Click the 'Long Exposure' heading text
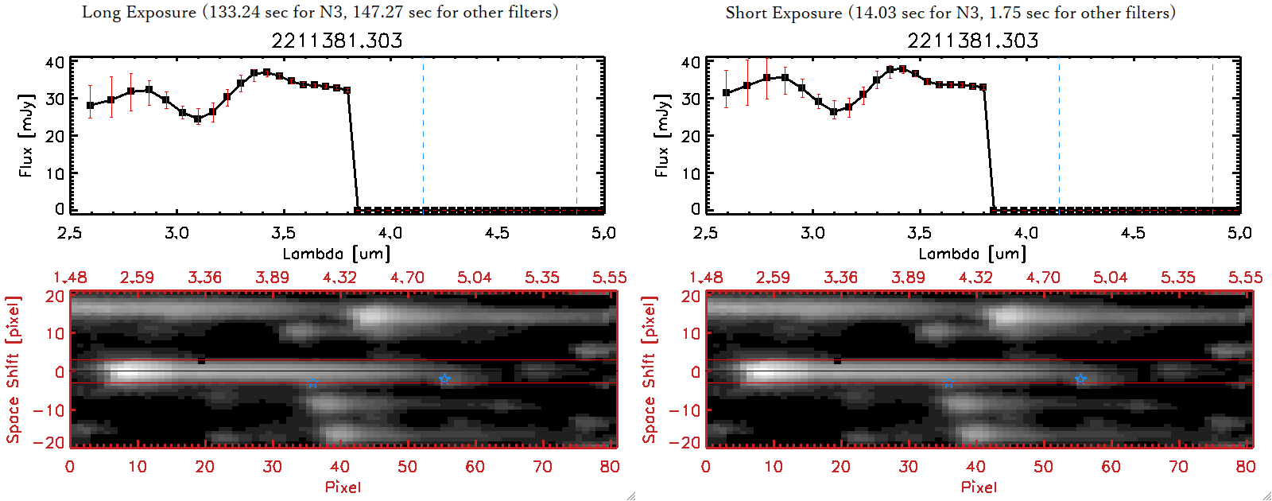click(139, 12)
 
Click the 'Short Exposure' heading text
click(783, 13)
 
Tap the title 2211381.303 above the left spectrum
click(337, 40)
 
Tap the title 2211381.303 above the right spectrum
click(973, 40)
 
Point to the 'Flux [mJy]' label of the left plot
click(26, 135)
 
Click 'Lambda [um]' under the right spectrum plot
click(972, 254)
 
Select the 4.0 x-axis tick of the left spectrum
click(390, 233)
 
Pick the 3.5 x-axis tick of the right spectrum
click(919, 233)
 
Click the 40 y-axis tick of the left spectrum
click(55, 63)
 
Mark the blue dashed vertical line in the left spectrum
click(423, 135)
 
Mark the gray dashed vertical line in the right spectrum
click(1212, 135)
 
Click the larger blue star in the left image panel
click(444, 379)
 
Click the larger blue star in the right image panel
click(1080, 379)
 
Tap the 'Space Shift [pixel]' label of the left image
click(13, 370)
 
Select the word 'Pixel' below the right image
click(979, 487)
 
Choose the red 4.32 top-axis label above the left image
click(339, 278)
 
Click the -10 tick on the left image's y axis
click(48, 410)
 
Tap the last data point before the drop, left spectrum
click(347, 90)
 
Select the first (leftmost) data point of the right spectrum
click(726, 93)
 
